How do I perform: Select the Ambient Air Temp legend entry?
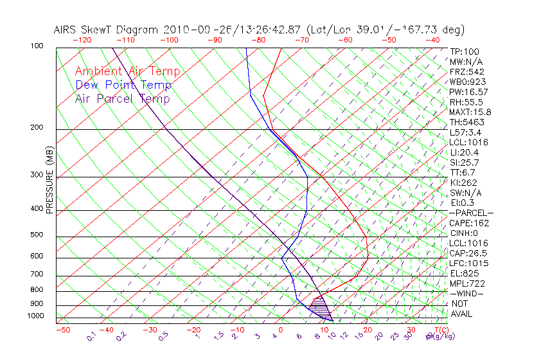pos(127,71)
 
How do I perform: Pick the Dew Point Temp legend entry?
pos(123,85)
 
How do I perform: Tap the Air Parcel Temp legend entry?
pos(122,98)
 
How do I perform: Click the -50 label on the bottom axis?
pos(63,330)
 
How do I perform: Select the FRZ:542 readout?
pos(466,71)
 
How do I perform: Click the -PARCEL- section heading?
pos(471,213)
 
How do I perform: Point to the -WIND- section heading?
pos(466,293)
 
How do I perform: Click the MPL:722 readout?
pos(466,283)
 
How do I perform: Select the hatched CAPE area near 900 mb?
pos(319,305)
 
